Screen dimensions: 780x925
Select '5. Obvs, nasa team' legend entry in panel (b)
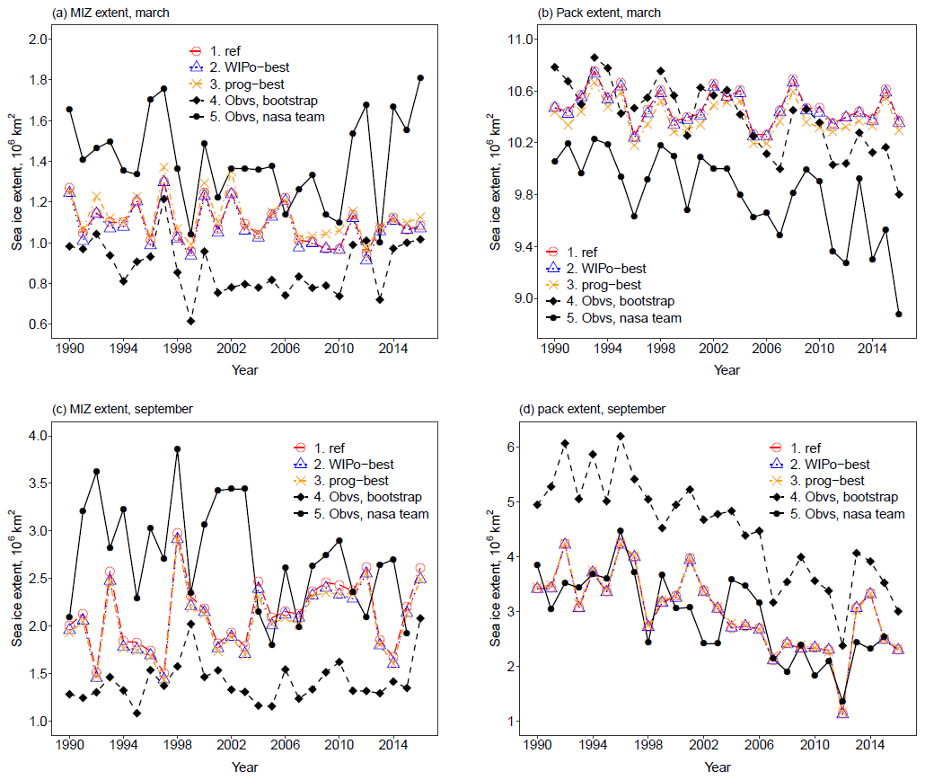click(628, 318)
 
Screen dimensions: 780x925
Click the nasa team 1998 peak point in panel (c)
click(178, 449)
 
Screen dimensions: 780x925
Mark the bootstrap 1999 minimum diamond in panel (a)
click(190, 321)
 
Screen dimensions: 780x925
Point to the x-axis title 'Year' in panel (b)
click(721, 370)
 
